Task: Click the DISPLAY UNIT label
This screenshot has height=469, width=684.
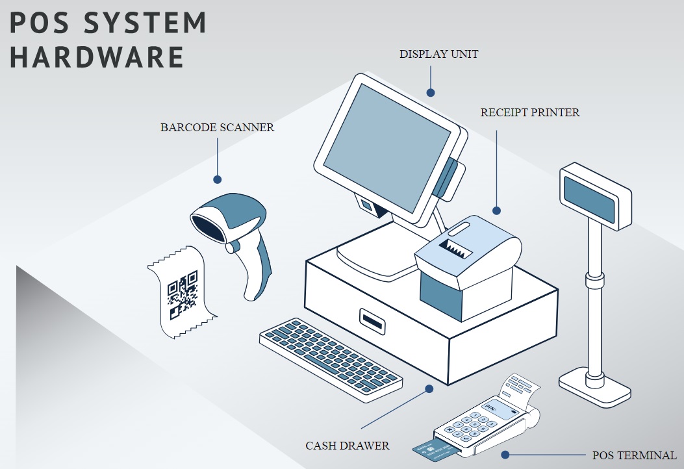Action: (438, 54)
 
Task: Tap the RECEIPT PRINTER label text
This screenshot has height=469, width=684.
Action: (530, 112)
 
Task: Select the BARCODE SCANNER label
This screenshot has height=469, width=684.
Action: (217, 127)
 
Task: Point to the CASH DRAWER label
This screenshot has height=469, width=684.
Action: (348, 446)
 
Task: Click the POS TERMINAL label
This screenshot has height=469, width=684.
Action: (634, 455)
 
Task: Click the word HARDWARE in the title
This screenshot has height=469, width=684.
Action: (97, 57)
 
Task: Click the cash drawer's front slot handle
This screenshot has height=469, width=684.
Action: (372, 319)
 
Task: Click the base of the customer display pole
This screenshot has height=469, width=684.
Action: (595, 384)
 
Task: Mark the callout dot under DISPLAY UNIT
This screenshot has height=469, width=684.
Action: (429, 93)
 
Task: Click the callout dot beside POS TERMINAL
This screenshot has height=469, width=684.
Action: (507, 455)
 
